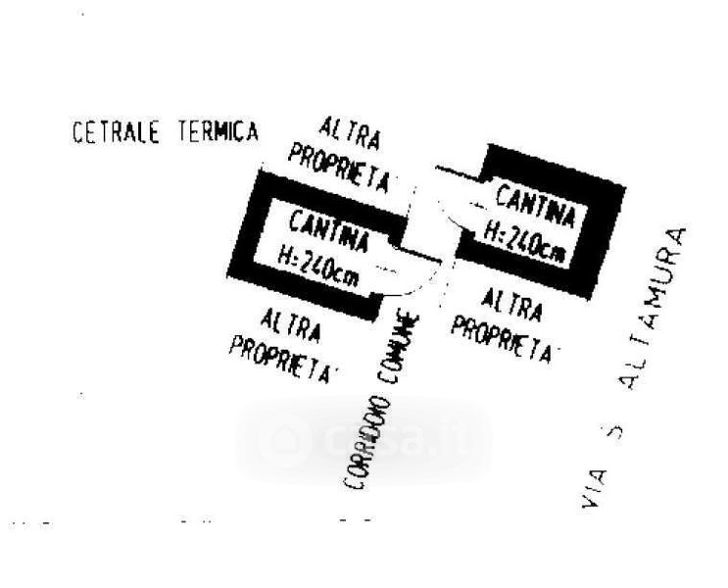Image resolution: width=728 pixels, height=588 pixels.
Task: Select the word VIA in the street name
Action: [x=589, y=489]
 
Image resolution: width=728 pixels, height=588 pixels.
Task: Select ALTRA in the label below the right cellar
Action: [x=512, y=307]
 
